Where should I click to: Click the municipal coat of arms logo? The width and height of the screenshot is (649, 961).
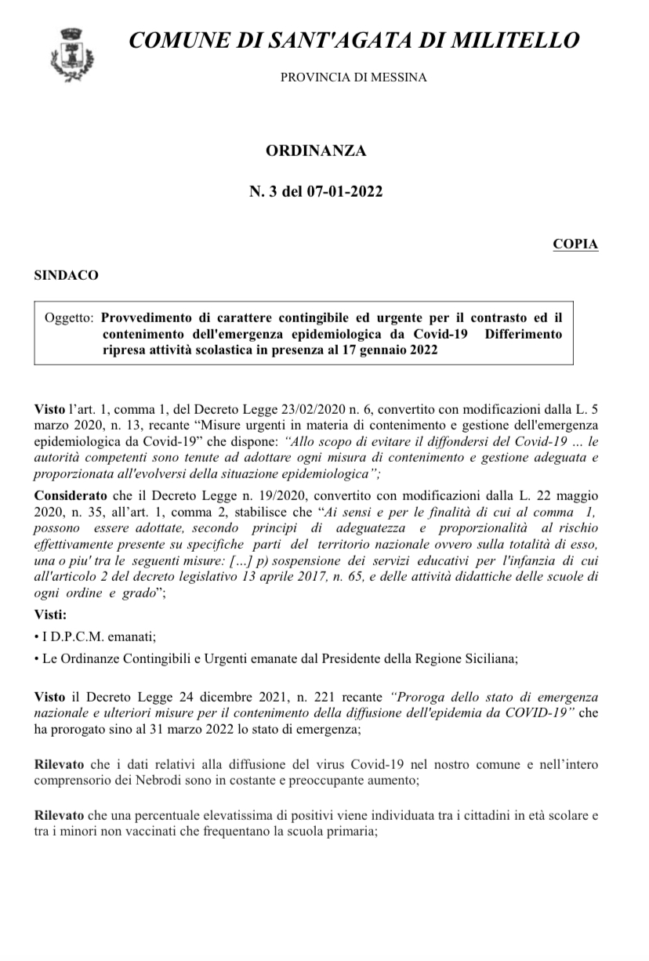[71, 53]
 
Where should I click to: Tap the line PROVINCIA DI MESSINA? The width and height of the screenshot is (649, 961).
[354, 77]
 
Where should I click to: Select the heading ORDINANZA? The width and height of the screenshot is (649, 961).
[316, 151]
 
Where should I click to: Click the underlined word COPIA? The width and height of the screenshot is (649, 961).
[575, 244]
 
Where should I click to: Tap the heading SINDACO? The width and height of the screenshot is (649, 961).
[67, 275]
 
